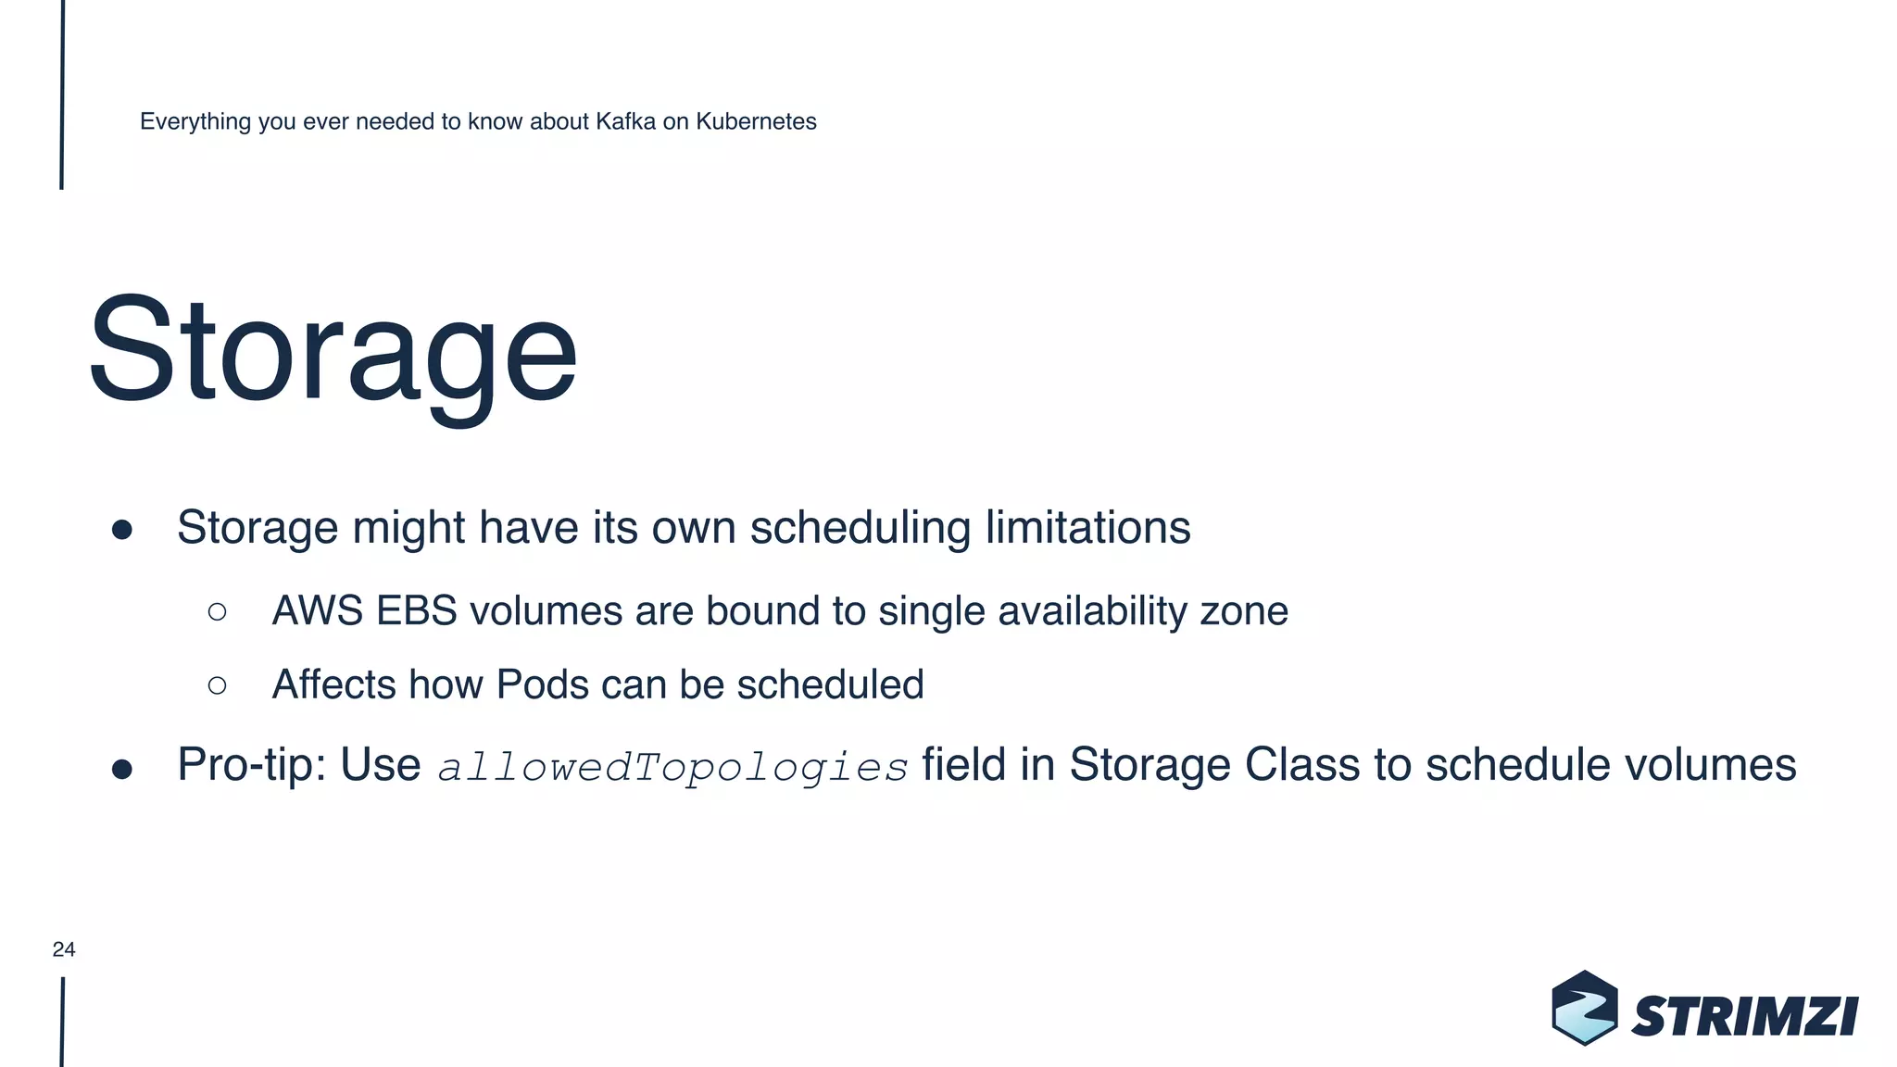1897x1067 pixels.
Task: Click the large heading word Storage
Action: [x=333, y=352]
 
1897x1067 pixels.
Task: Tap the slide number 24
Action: [x=64, y=949]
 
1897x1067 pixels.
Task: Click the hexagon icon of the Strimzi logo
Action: [x=1585, y=1009]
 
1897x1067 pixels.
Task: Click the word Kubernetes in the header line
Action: [x=756, y=121]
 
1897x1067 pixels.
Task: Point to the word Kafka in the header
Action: [x=625, y=121]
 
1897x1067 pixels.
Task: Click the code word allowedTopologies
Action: [x=672, y=767]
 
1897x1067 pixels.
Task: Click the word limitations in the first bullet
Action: [x=1087, y=528]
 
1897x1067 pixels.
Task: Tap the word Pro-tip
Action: [x=251, y=766]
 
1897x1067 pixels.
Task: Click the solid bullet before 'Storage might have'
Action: [x=122, y=530]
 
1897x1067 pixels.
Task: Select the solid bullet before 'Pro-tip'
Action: [x=122, y=769]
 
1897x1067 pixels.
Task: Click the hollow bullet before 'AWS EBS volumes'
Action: [x=218, y=611]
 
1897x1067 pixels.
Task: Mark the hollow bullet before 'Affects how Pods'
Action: [x=218, y=685]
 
